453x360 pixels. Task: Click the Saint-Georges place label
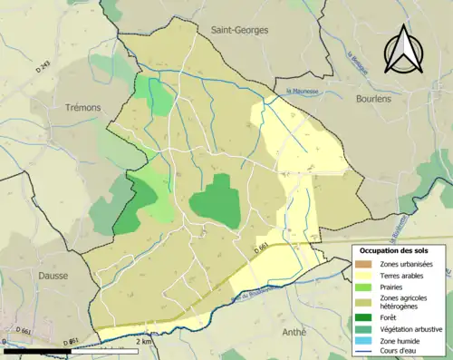click(x=239, y=30)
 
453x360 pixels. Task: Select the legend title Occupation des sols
click(x=399, y=250)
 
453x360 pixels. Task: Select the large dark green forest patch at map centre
click(x=217, y=200)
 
